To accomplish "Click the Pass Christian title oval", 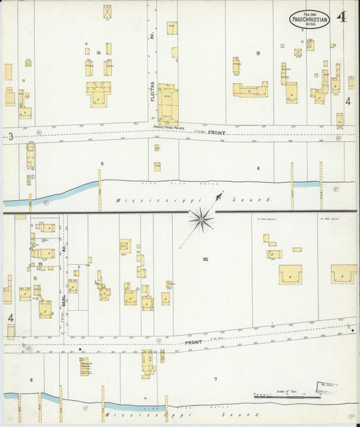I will click(x=310, y=19).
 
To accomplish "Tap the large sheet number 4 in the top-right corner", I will click(x=342, y=17).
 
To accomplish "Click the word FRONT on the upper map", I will click(x=216, y=133).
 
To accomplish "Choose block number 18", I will click(x=99, y=52).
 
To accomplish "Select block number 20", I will click(x=205, y=259).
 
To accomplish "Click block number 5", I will click(x=102, y=164).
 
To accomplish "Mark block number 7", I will click(x=215, y=379).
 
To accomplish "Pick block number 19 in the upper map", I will click(x=257, y=52).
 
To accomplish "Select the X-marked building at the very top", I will click(x=108, y=11).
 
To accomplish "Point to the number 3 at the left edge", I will click(x=11, y=136).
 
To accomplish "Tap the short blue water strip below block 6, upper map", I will click(x=307, y=184).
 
